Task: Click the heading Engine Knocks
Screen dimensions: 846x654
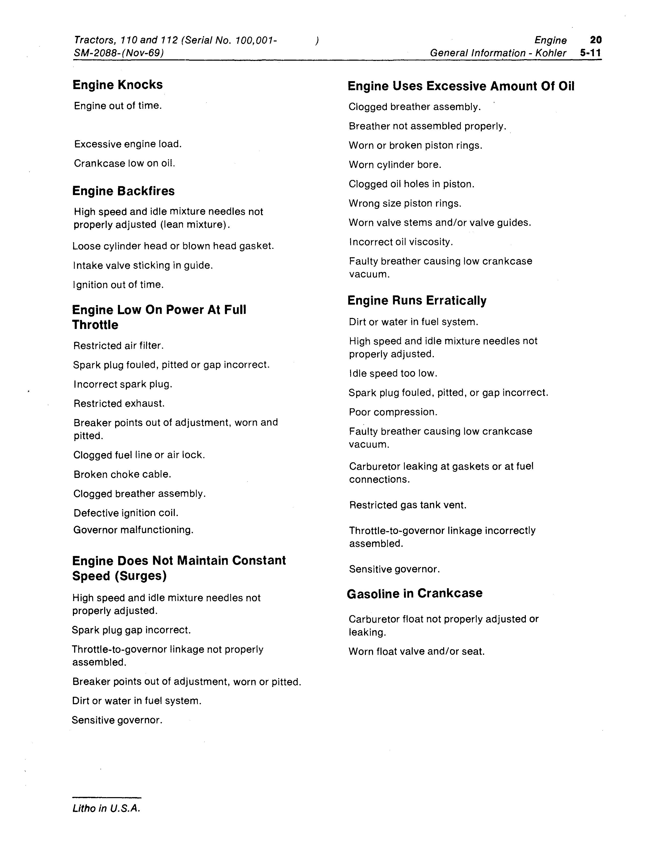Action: point(117,85)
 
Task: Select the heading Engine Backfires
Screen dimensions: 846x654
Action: point(123,191)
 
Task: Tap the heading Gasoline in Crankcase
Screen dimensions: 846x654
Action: point(414,593)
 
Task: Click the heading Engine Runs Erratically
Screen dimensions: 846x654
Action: point(417,301)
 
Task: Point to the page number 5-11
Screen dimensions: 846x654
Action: point(591,53)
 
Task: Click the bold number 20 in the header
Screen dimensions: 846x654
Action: point(595,40)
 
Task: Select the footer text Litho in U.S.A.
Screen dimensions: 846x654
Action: point(106,808)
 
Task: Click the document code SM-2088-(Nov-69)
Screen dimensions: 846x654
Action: point(118,53)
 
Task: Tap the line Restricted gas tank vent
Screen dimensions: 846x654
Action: point(408,505)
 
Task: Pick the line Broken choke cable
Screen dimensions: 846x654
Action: point(122,475)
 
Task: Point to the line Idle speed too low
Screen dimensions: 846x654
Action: point(393,373)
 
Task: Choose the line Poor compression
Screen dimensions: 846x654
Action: point(393,412)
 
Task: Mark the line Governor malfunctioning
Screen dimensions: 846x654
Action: point(133,530)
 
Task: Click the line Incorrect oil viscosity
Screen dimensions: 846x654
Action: point(401,242)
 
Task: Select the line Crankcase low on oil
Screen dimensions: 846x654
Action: point(125,164)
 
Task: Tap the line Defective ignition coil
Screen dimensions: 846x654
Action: point(126,513)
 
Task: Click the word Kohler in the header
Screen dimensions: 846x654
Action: point(551,53)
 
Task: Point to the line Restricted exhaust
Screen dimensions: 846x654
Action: point(119,404)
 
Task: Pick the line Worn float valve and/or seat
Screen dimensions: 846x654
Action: point(417,651)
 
